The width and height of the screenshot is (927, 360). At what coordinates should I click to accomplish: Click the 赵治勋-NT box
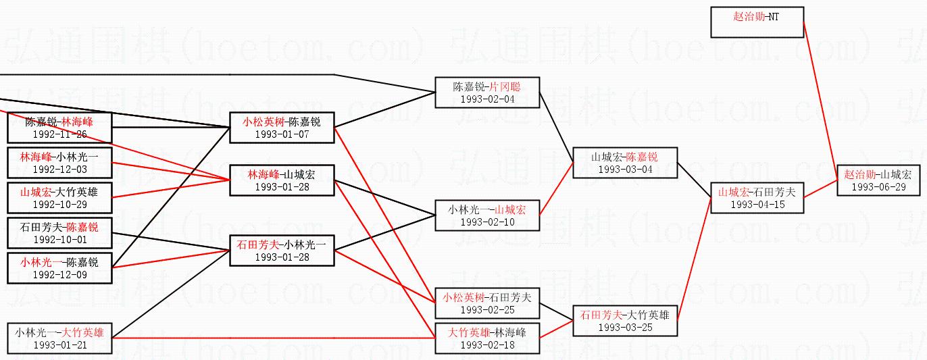pos(756,22)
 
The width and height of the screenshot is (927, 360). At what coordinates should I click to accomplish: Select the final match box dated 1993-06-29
pos(878,180)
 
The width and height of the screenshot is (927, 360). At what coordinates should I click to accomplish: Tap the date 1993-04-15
pos(757,205)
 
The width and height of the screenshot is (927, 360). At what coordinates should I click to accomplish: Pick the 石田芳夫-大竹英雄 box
pos(624,321)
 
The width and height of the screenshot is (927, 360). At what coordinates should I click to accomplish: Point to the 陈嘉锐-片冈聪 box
pos(486,93)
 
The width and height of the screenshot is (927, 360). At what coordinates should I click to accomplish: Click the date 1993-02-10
pos(486,222)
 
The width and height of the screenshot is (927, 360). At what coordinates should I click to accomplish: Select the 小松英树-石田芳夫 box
pos(486,303)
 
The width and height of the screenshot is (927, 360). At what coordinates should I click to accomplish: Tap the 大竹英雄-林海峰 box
pos(486,338)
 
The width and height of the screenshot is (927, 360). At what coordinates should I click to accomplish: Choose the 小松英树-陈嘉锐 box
pos(282,128)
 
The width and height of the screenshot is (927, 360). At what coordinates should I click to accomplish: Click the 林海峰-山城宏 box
pos(282,180)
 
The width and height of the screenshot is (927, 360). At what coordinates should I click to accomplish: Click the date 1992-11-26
pos(59,134)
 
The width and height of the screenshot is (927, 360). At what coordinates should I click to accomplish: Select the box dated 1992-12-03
pos(59,163)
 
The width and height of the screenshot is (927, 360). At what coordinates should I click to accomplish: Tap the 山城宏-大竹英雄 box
pos(59,198)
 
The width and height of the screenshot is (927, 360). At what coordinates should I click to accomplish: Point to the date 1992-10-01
pos(59,239)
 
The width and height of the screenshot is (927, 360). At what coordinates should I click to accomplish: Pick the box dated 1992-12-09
pos(59,268)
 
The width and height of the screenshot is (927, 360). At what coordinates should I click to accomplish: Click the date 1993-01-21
pos(59,344)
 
